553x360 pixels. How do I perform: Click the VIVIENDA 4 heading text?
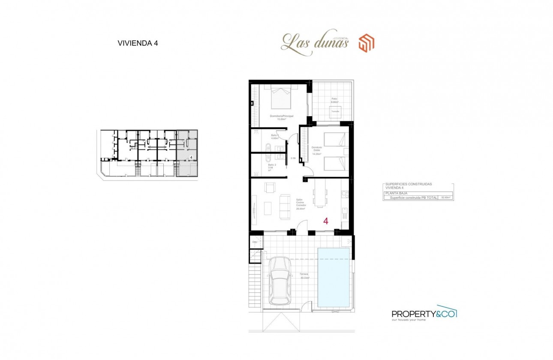pos(138,43)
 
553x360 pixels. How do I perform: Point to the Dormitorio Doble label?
pos(317,149)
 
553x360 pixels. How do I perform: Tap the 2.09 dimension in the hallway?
pos(293,159)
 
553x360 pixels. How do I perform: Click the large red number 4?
pos(326,221)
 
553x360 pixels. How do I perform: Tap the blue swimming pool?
pos(333,277)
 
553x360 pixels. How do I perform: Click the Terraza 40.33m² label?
pos(304,276)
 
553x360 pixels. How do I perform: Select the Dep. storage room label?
pos(255,242)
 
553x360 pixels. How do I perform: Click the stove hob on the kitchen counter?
pos(344,195)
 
